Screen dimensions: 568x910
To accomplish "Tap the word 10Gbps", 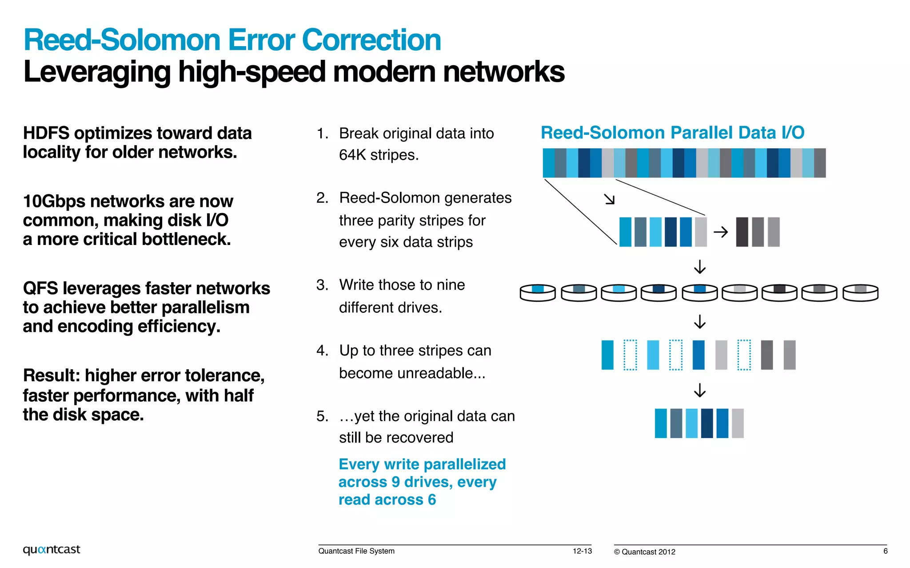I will click(x=54, y=201).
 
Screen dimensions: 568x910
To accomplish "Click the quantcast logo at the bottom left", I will click(x=52, y=549).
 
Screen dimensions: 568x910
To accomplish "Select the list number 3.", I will click(x=322, y=285).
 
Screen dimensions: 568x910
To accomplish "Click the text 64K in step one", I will click(x=352, y=155).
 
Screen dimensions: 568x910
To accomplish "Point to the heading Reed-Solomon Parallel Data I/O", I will click(x=672, y=133).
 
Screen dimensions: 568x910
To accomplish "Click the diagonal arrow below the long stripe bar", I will click(x=610, y=199).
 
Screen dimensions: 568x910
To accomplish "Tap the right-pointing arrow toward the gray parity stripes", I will click(x=720, y=232).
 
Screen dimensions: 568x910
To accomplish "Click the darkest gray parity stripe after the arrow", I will click(x=742, y=232).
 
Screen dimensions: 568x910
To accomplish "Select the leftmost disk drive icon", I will click(x=538, y=293).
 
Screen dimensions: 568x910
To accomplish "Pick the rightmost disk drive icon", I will click(x=860, y=293).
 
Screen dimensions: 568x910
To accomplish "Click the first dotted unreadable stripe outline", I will click(x=630, y=355).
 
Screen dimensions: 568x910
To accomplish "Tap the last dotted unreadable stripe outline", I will click(x=744, y=355).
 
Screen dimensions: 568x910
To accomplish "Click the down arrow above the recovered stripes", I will click(x=700, y=390).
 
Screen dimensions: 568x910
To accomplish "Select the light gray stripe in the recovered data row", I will click(x=738, y=423).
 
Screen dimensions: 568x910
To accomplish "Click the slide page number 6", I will click(x=885, y=551).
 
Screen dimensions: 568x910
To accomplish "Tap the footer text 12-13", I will click(x=582, y=551).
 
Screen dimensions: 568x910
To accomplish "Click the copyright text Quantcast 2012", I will click(x=648, y=552).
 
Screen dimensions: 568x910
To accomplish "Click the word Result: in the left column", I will click(x=51, y=376).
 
